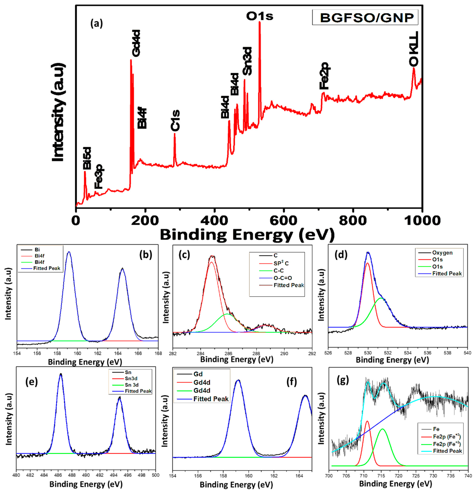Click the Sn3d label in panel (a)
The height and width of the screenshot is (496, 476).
coord(247,61)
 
